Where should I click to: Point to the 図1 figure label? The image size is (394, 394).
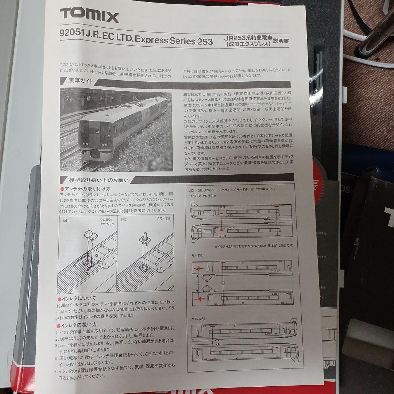(66, 220)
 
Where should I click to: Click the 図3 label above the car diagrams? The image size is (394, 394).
(192, 190)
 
